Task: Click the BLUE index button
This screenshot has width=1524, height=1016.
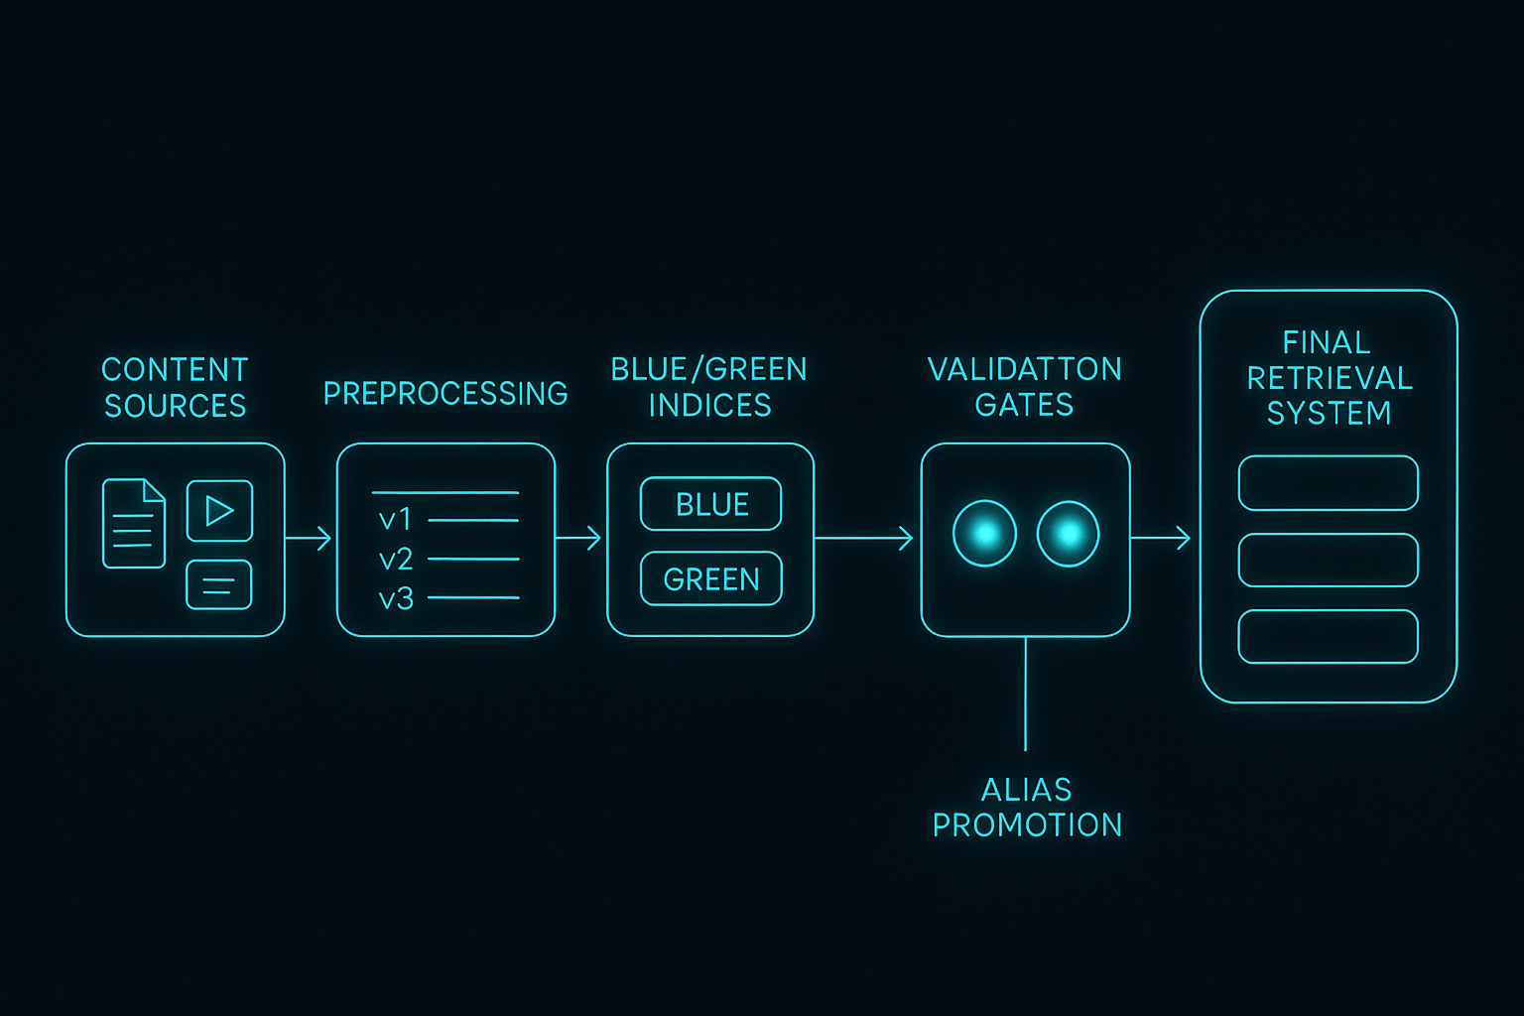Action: [710, 504]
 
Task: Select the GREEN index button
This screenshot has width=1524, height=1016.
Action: [710, 578]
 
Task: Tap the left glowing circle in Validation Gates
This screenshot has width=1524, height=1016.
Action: [984, 534]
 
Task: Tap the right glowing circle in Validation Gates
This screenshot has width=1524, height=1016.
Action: [1068, 534]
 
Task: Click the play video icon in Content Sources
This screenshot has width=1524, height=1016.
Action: [219, 511]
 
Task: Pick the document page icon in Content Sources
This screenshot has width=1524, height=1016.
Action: [134, 523]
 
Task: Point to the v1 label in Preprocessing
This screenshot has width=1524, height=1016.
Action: [395, 519]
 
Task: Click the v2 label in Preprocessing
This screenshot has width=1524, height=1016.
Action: [395, 560]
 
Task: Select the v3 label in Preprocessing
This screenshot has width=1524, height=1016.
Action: [395, 598]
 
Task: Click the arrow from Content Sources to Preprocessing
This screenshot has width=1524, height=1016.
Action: [310, 538]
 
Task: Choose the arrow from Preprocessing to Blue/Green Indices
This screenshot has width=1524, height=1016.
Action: [579, 538]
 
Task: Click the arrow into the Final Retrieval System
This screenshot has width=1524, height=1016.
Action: [1162, 538]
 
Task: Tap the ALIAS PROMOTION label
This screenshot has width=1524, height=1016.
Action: [1027, 807]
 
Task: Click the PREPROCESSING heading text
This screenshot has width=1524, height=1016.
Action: [445, 394]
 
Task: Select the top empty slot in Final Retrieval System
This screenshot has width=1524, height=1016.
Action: [1328, 483]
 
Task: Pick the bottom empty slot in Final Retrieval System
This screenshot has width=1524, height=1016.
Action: [1328, 636]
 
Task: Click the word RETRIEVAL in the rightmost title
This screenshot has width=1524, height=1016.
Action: [1330, 378]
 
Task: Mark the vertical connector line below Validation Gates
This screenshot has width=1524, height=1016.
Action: [1025, 695]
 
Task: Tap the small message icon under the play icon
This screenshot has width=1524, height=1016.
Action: [219, 584]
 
